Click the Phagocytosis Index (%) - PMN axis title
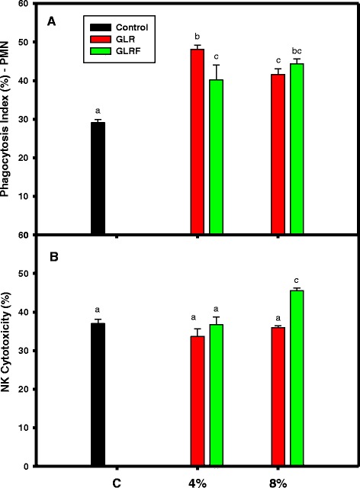(x=11, y=118)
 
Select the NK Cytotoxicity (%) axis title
(x=11, y=351)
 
